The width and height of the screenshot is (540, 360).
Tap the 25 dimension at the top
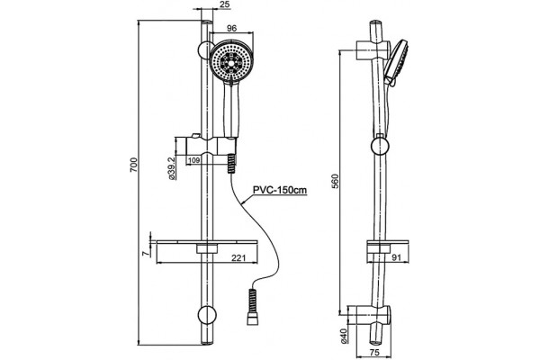coord(224,4)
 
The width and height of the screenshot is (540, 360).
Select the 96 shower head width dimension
coord(232,28)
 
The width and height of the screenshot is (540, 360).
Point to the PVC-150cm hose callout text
coord(280,190)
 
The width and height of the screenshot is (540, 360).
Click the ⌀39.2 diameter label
coord(172,167)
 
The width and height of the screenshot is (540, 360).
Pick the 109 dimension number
coord(195,160)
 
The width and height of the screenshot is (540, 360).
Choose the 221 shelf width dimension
coord(238,257)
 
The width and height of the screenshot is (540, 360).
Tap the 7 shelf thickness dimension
coord(146,254)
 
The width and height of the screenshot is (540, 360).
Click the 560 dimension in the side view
coord(336,182)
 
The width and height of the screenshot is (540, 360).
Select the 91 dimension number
coord(397,257)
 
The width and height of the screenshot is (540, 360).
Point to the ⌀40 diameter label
coord(344,336)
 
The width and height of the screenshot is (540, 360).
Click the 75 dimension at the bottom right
coord(374,353)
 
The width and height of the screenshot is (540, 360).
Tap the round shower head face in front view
coord(231,63)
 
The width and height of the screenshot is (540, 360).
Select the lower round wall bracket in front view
coord(207,314)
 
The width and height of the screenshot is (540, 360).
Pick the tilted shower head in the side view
coord(396,63)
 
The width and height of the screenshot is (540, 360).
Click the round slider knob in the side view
coord(380,146)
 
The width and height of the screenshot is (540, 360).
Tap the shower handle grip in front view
coord(230,109)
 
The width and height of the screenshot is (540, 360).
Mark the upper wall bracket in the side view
coord(373,50)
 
